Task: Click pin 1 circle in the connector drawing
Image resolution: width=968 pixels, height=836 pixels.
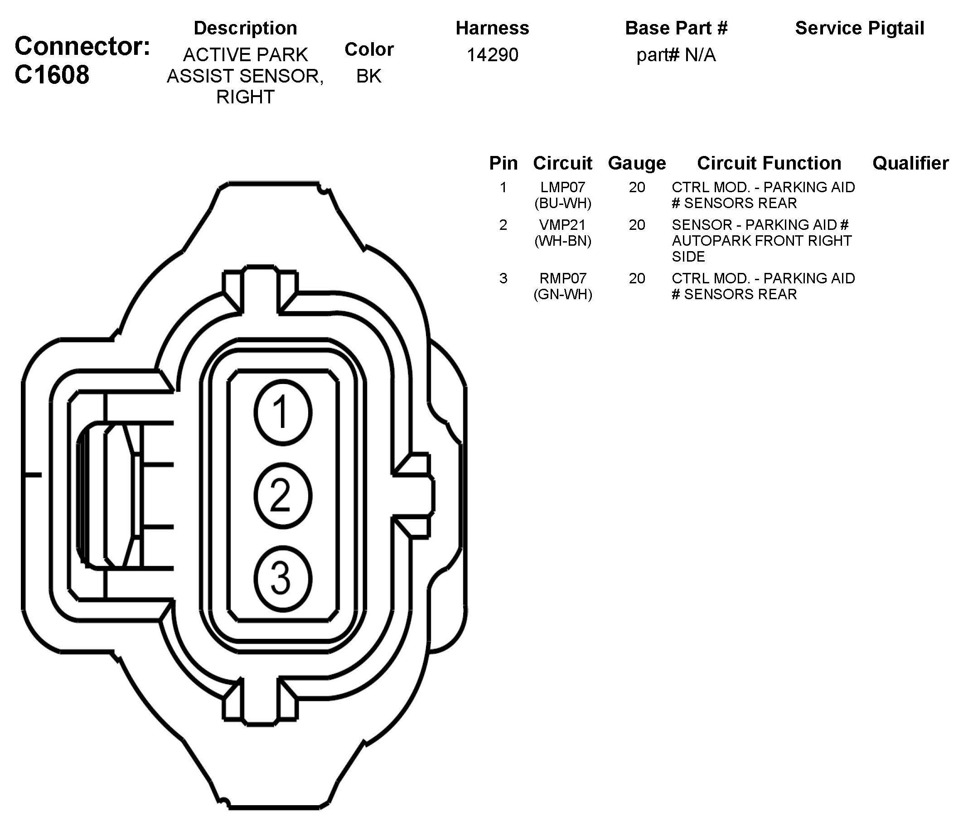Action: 283,413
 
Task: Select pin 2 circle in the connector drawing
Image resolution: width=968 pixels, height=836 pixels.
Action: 283,496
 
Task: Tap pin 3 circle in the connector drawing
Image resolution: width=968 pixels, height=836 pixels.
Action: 283,578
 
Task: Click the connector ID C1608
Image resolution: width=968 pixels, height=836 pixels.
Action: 52,75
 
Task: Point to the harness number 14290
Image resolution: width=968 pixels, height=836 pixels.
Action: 493,55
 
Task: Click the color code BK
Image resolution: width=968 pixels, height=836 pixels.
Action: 368,76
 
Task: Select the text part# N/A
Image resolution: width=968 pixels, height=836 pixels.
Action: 676,55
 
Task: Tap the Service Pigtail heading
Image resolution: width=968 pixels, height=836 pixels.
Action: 860,28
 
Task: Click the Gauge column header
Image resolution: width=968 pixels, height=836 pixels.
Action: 637,163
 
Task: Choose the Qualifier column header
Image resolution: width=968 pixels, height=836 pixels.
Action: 910,163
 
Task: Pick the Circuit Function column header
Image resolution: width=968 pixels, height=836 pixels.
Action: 769,163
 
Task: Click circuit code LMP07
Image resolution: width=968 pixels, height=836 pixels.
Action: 562,187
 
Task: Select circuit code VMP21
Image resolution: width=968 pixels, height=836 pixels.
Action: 562,225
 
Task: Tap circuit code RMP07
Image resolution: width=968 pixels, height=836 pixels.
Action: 562,278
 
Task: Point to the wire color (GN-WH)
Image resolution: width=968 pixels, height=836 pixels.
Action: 562,294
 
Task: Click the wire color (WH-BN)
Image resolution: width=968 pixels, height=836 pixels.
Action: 562,241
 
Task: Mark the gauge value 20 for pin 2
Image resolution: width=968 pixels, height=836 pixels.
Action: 637,225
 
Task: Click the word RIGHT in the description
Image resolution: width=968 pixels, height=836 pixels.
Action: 245,97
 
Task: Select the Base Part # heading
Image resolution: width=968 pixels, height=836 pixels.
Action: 676,28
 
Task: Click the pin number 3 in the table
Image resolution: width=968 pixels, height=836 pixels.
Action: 503,278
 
